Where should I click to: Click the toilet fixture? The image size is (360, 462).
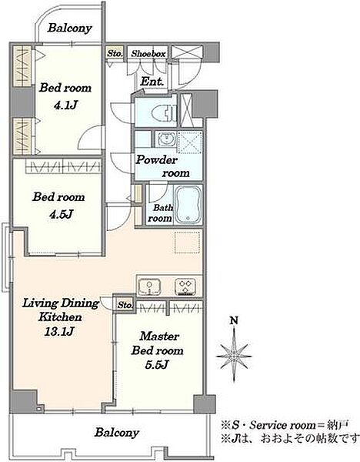pos(165,112)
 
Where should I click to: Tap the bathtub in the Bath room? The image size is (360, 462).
pos(188,205)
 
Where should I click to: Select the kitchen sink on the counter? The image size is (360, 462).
pos(149,286)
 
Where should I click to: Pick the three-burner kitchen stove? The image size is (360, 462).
pos(185,286)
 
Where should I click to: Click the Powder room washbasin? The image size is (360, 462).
pos(165,139)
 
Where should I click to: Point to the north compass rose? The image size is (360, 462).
pos(234,356)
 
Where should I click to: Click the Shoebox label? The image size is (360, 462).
pos(148,54)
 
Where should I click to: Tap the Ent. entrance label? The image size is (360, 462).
pos(152,82)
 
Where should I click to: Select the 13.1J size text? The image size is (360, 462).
pos(59,332)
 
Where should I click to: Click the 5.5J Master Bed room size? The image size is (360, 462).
pos(157,365)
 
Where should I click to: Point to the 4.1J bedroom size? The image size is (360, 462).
pos(65,105)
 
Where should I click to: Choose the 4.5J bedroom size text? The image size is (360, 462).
pos(61,214)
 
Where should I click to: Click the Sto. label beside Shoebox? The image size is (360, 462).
pos(115,54)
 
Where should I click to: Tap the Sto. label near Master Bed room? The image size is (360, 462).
pos(125,305)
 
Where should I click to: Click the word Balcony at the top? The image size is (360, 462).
pos(70,28)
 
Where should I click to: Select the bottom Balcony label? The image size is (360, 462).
pos(117,433)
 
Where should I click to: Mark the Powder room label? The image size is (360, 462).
pos(163,166)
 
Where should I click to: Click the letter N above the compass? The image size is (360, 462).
pos(234,320)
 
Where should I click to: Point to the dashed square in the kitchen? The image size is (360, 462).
pos(187,243)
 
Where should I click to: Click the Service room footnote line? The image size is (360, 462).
pos(285,425)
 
